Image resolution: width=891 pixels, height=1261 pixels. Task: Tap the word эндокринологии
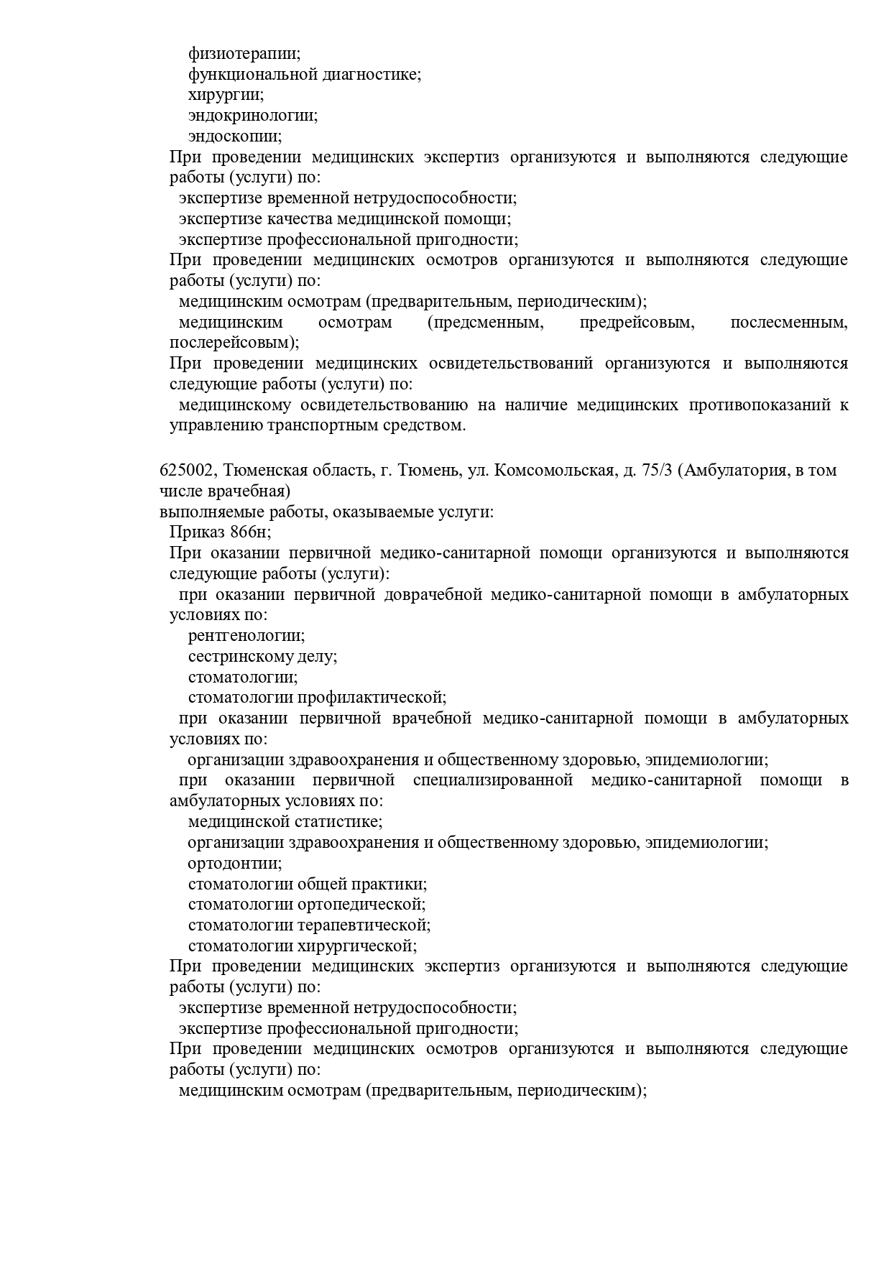tap(253, 116)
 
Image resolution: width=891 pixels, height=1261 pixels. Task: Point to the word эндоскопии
tap(235, 137)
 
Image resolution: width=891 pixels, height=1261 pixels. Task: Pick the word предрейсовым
tap(637, 323)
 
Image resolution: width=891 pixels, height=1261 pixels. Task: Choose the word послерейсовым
tap(234, 343)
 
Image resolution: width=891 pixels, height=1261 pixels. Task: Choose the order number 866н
tap(250, 532)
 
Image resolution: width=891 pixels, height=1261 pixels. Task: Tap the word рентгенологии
tap(246, 636)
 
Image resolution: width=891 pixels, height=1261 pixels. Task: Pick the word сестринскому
tap(241, 657)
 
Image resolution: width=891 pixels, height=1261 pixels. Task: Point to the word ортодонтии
tap(235, 864)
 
